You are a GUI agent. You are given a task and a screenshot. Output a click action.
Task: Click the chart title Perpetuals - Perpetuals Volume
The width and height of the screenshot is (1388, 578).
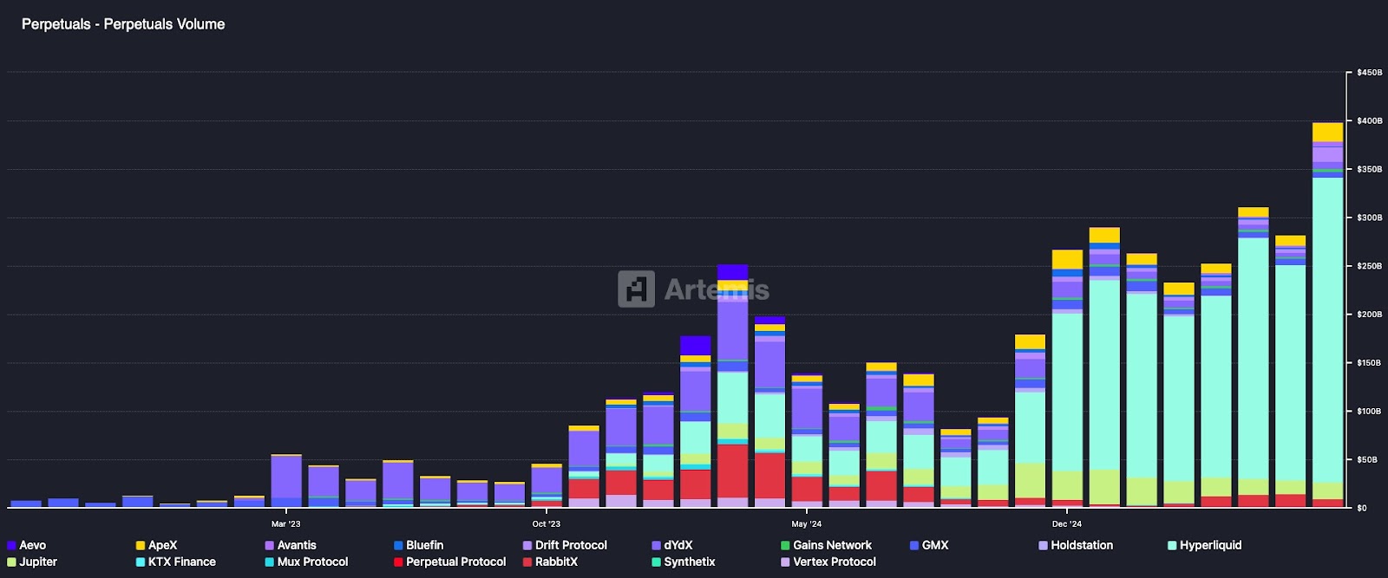[x=123, y=24]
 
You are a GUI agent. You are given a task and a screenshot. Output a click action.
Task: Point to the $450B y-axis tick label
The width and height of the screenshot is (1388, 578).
[x=1369, y=73]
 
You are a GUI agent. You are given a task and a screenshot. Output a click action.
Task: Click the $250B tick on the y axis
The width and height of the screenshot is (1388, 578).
[x=1369, y=266]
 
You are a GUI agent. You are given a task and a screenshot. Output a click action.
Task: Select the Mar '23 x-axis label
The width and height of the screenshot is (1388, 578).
[x=285, y=523]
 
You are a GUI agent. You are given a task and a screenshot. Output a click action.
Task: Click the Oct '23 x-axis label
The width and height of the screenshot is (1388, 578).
[x=546, y=523]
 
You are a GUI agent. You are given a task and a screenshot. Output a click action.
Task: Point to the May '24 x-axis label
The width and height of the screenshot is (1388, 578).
[x=806, y=523]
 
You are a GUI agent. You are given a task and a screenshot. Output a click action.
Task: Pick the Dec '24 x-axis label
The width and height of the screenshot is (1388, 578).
[x=1066, y=523]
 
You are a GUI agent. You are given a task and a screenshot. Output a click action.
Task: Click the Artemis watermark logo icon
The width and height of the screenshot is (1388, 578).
[x=636, y=289]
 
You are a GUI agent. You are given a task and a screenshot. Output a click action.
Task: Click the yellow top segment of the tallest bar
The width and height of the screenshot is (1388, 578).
[x=1327, y=132]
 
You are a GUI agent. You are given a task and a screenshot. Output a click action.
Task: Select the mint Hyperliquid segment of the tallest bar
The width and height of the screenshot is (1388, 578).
[x=1327, y=329]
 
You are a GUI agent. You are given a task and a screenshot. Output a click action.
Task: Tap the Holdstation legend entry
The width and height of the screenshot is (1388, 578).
[x=1081, y=545]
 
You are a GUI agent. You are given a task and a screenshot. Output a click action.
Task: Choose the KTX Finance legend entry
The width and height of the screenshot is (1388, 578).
[x=181, y=562]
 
